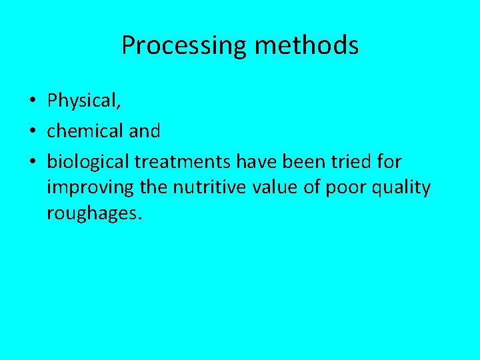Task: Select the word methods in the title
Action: tap(307, 46)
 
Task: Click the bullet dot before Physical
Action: tap(33, 101)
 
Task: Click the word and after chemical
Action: tap(145, 131)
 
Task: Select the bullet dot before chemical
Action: tap(33, 131)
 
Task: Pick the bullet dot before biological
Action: tap(33, 161)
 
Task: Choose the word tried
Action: tap(351, 161)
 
